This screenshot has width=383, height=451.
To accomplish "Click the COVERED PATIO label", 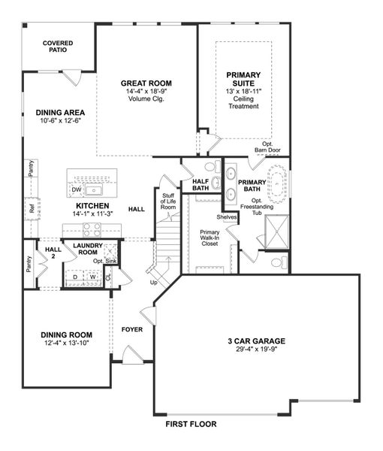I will pos(57,47).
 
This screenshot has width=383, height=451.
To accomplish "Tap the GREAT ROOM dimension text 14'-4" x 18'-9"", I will pos(146,91).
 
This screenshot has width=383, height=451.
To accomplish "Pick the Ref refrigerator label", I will pos(31,210).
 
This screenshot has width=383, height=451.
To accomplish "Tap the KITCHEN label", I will pos(92,205).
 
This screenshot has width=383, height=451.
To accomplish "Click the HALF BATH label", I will pos(201,186).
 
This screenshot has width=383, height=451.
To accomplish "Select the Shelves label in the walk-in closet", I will pos(227,217).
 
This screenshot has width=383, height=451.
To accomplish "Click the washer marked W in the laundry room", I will pos(93,277).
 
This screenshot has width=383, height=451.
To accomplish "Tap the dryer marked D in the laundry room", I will pos(75,277).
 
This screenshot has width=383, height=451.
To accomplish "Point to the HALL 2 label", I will pos(53,253).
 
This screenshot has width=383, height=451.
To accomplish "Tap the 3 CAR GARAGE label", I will pos(257,341).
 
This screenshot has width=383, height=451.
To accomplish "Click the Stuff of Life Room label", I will pos(168,201).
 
